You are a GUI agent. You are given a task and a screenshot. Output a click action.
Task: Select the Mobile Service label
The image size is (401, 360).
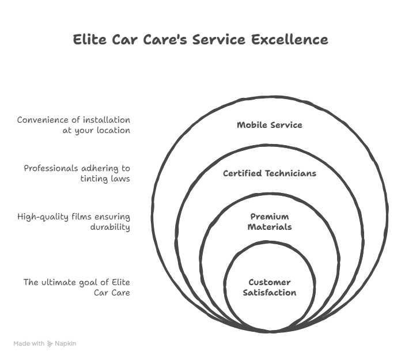(269, 125)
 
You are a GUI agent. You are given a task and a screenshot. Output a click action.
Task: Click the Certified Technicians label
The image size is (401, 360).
(269, 173)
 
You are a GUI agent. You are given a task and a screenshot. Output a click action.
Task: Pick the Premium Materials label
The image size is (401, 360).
(269, 222)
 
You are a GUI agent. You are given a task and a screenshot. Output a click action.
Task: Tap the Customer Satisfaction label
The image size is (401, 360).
(269, 287)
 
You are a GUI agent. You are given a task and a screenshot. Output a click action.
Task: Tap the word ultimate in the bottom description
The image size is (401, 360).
(60, 283)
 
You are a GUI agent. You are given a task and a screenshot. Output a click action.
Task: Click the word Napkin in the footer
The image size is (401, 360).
(66, 343)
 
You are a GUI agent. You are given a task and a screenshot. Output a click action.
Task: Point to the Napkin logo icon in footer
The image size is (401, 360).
(50, 343)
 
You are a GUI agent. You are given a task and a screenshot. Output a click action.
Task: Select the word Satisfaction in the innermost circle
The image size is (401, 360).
(269, 293)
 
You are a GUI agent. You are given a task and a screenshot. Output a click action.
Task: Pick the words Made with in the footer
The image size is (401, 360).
(29, 343)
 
